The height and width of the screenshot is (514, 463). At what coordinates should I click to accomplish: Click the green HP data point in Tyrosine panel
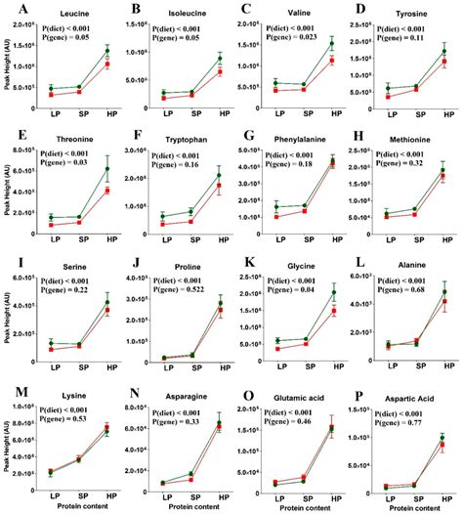tap(442, 51)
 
